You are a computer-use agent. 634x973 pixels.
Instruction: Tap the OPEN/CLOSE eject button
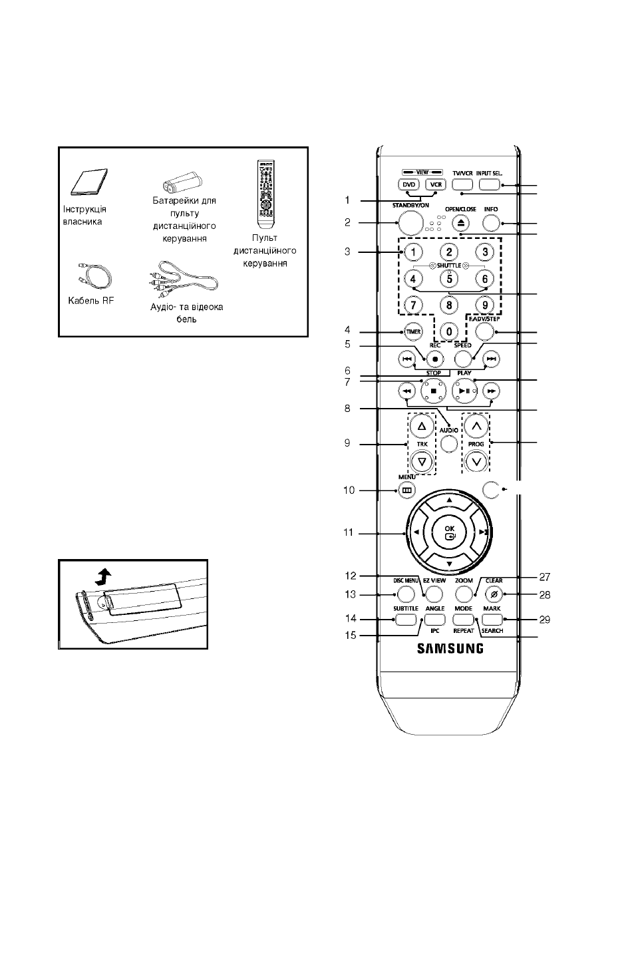[460, 223]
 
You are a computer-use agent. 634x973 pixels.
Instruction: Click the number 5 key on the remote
[449, 278]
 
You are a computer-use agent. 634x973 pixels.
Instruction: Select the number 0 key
[449, 332]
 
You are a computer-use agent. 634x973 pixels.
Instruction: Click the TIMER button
[413, 332]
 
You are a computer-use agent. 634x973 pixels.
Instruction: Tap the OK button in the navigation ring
[449, 532]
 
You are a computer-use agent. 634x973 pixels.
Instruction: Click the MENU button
[406, 490]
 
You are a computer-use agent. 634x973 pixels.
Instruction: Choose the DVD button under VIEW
[409, 184]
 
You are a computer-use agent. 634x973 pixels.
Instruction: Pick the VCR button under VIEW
[436, 184]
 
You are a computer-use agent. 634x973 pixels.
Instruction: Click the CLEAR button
[494, 594]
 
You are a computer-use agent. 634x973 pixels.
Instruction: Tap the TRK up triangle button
[421, 427]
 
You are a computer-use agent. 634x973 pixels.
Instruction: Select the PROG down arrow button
[476, 462]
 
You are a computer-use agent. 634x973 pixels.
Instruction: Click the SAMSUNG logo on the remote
[450, 648]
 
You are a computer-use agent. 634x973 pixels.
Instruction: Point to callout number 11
[348, 532]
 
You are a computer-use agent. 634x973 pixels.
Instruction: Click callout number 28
[545, 595]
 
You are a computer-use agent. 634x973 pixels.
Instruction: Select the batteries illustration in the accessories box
[183, 182]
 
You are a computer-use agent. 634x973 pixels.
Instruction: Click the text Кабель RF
[90, 301]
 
